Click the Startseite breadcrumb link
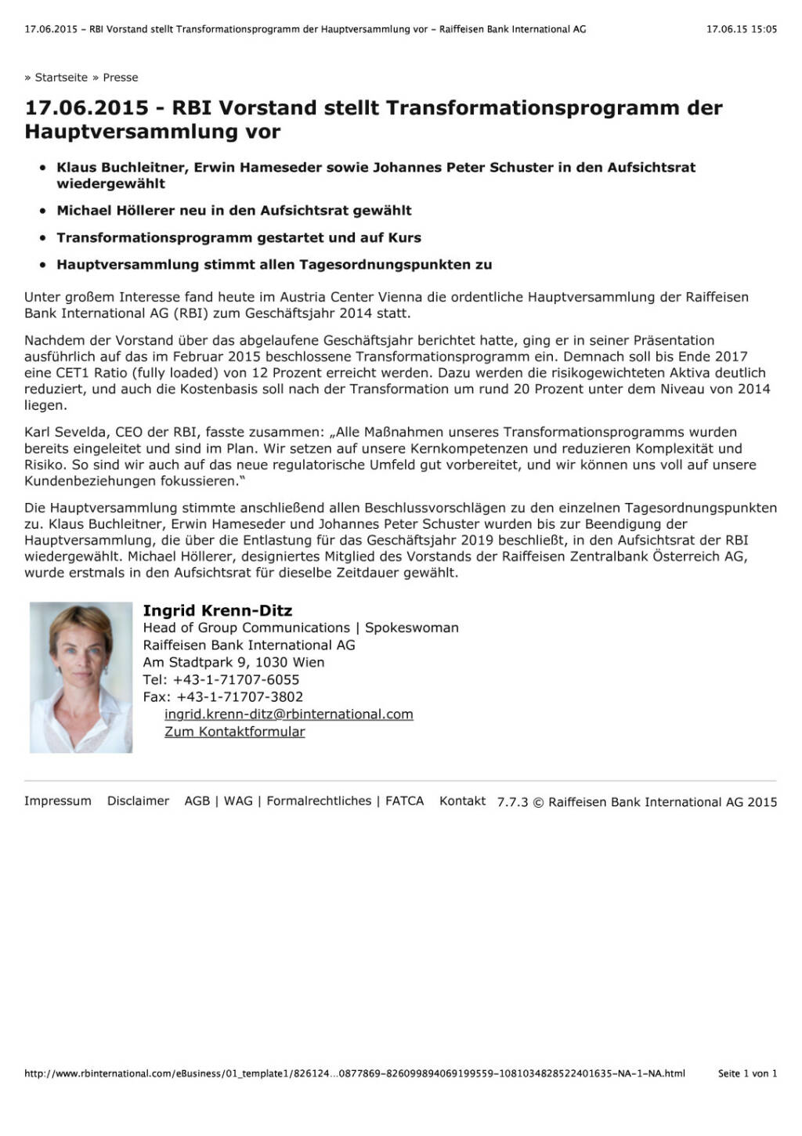(x=61, y=78)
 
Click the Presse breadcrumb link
(x=121, y=78)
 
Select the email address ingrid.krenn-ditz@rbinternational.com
(x=288, y=715)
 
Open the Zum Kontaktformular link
(x=234, y=732)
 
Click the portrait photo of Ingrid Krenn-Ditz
(x=81, y=677)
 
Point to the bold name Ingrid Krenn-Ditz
(x=217, y=610)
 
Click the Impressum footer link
(x=57, y=801)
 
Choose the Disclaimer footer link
(x=138, y=801)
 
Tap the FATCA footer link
(x=404, y=801)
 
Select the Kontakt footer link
(x=462, y=801)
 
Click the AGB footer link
(x=197, y=801)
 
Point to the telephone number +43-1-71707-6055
(x=236, y=680)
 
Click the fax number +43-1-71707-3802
(x=240, y=697)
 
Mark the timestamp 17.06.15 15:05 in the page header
(x=741, y=29)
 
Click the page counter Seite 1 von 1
(x=747, y=1073)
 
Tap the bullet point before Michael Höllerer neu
(x=43, y=211)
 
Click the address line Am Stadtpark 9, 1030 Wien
(x=233, y=663)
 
